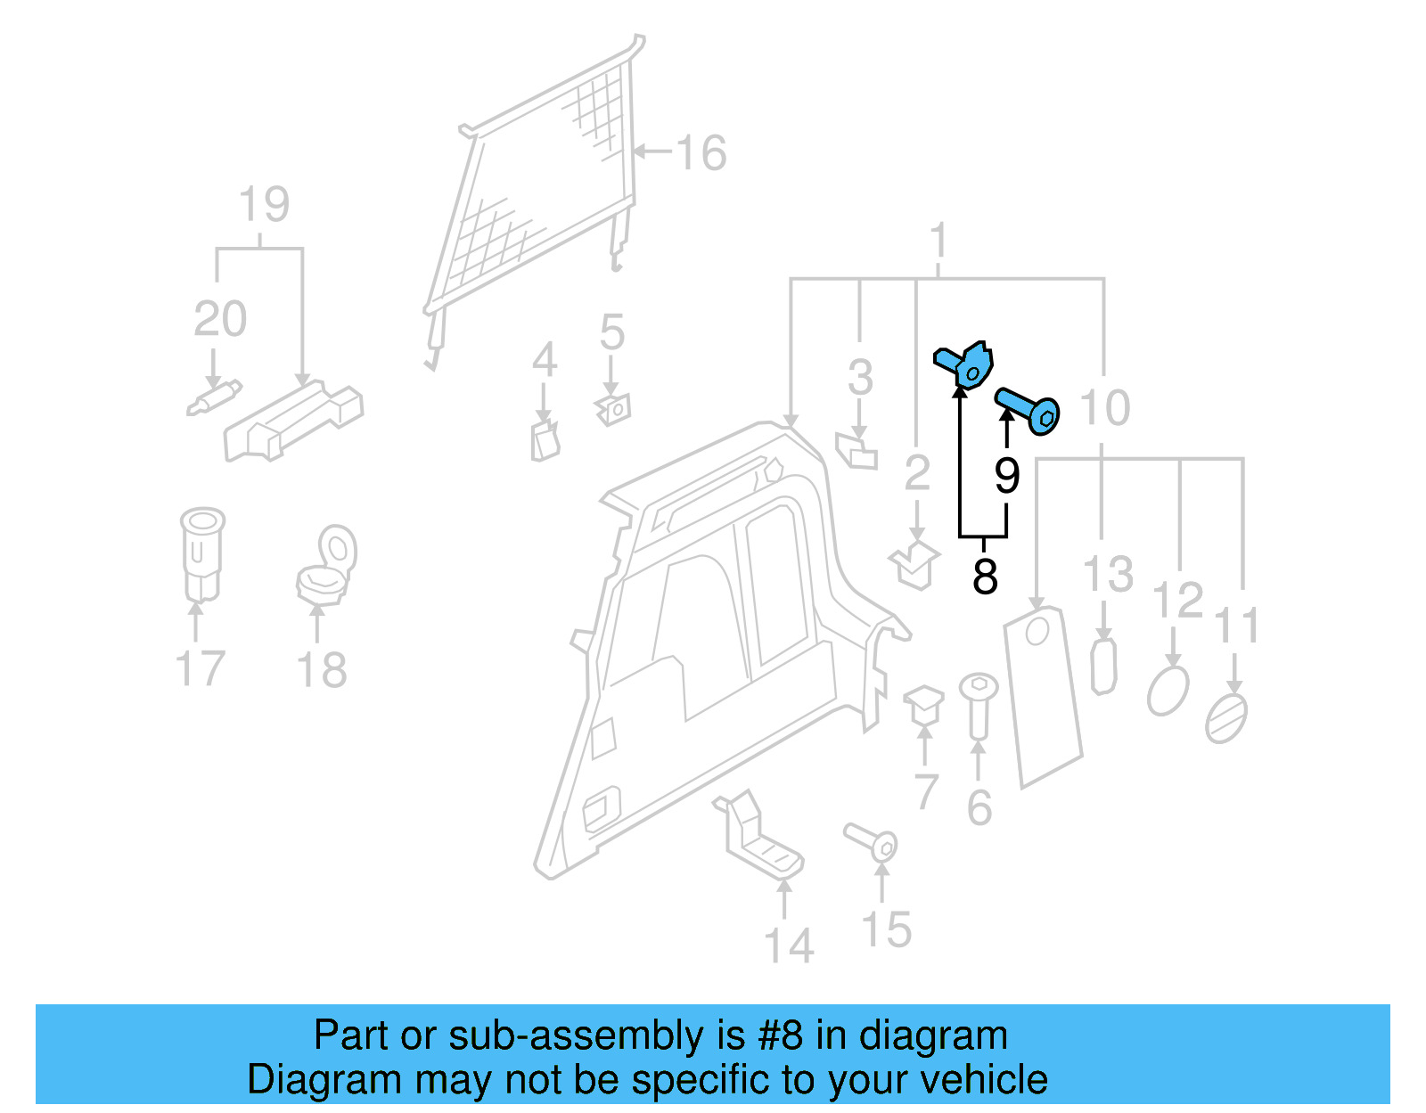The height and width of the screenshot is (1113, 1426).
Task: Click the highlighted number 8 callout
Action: [984, 576]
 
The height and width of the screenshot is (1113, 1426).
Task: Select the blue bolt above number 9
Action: [1029, 411]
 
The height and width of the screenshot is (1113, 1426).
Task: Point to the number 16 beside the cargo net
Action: [701, 152]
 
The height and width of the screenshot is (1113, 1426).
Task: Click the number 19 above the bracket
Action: [264, 205]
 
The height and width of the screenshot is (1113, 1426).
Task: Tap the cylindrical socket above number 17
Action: [201, 554]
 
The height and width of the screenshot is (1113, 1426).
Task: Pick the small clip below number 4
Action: [545, 441]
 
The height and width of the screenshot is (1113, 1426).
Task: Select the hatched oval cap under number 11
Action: [1226, 718]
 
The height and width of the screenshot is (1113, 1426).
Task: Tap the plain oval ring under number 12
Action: [1168, 691]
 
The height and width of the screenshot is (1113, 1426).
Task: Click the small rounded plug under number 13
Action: [1103, 666]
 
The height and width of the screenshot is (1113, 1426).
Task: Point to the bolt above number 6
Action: [978, 704]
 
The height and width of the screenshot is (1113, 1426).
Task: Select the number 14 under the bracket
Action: [789, 946]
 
